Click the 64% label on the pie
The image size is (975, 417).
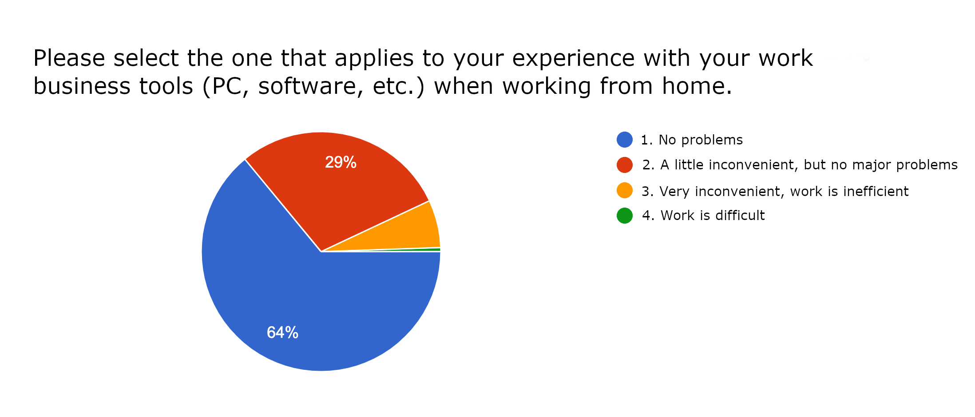(x=282, y=333)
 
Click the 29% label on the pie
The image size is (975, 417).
(x=341, y=162)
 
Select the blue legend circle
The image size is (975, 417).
(x=625, y=140)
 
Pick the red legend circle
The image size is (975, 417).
(x=625, y=165)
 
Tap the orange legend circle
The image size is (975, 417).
(x=625, y=190)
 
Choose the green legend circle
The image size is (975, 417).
(x=625, y=216)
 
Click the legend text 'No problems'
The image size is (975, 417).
(x=701, y=140)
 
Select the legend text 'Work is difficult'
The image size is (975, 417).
(x=713, y=216)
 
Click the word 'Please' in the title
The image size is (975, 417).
(x=69, y=59)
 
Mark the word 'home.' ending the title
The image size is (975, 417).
(x=697, y=86)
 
